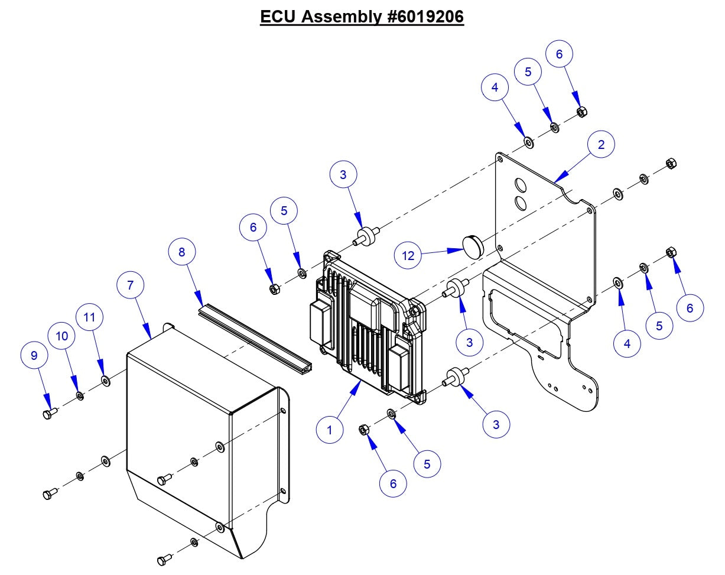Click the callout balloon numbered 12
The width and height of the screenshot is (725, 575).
[x=408, y=255]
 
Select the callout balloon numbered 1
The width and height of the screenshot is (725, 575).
[x=330, y=430]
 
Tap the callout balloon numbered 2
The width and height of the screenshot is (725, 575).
[x=601, y=144]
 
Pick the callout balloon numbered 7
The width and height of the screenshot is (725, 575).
[x=130, y=285]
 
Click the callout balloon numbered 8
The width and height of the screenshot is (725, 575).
[x=182, y=252]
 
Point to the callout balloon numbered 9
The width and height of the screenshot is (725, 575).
[x=34, y=355]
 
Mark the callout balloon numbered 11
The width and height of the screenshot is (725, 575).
[x=89, y=317]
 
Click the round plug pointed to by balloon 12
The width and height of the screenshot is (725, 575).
[x=471, y=245]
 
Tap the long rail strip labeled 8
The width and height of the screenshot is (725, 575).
[x=254, y=337]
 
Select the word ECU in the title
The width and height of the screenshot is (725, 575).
[x=278, y=17]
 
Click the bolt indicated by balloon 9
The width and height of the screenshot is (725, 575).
[x=49, y=413]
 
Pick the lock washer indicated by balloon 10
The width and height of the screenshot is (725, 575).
[x=80, y=395]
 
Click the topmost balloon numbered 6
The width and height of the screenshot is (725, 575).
[x=560, y=54]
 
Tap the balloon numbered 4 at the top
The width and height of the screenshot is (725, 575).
[x=495, y=87]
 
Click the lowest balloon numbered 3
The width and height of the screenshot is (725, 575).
[x=496, y=424]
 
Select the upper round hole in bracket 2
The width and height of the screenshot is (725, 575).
[x=519, y=184]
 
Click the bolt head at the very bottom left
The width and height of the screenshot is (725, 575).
[x=162, y=560]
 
